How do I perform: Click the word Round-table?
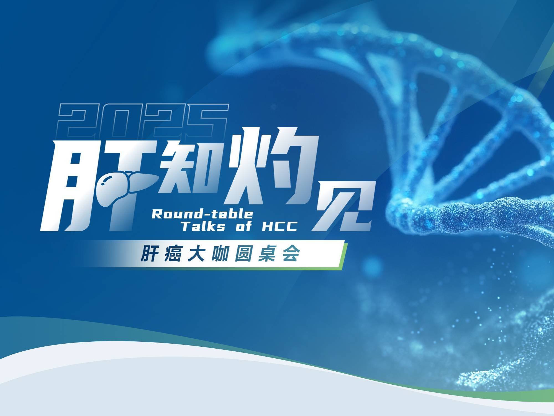202,214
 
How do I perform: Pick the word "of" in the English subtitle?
243,227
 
